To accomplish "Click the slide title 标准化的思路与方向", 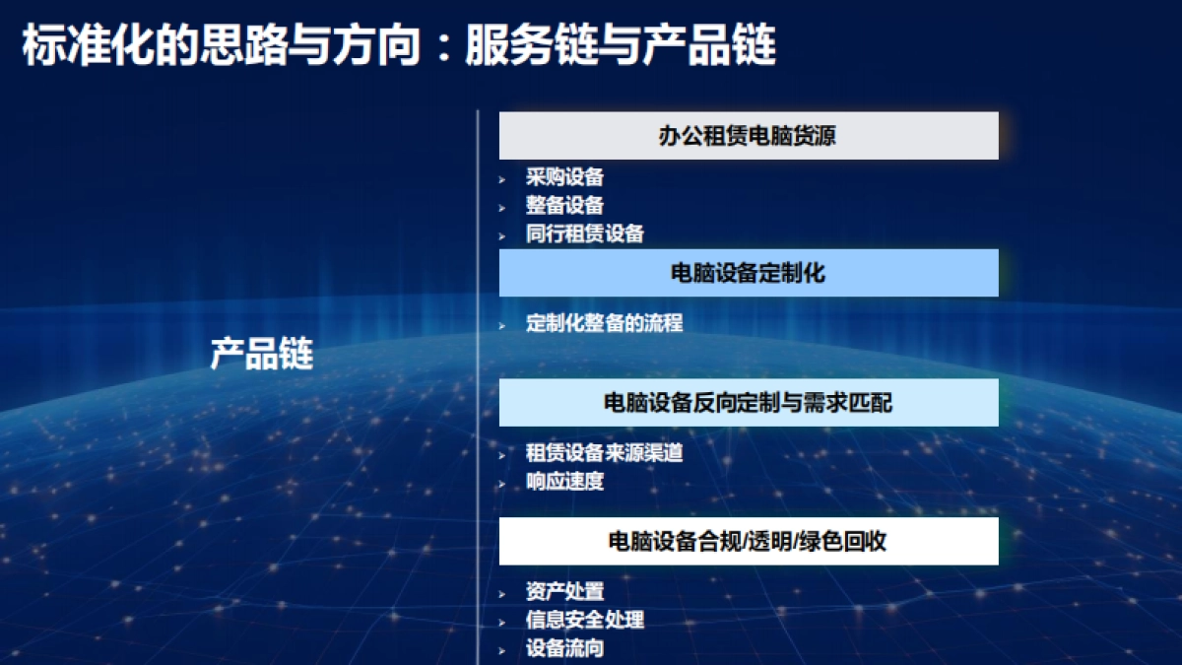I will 222,45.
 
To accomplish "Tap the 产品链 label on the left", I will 261,354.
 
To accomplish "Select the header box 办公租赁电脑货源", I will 749,136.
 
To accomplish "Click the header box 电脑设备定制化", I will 749,273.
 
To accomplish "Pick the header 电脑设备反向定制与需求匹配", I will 749,402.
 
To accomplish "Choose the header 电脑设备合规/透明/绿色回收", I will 749,541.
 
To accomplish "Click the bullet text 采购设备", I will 564,177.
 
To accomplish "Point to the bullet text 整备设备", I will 564,206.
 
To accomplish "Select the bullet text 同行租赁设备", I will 584,234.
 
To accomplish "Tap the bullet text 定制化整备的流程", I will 604,323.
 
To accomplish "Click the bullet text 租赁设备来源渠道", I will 604,453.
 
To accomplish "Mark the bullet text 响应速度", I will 564,482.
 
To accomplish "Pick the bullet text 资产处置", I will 564,591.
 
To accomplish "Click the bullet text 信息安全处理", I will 584,620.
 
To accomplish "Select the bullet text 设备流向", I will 564,648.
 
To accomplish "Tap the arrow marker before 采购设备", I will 502,179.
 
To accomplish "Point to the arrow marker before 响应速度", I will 502,484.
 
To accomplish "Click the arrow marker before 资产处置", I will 502,593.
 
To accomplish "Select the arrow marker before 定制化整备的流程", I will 502,325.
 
